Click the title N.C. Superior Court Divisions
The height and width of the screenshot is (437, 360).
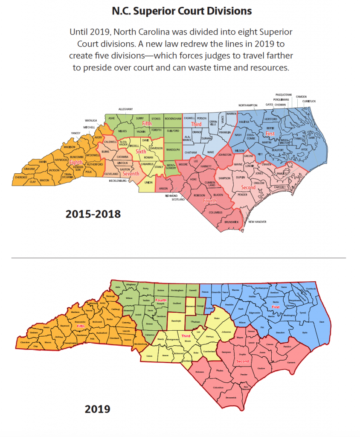pos(182,11)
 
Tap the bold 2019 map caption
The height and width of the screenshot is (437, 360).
pos(97,409)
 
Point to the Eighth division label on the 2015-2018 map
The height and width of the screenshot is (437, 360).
pos(76,162)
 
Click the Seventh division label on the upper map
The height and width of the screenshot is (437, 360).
pos(131,174)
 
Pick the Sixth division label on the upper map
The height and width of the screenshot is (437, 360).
pos(140,151)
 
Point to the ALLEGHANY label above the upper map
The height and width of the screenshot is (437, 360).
pos(125,109)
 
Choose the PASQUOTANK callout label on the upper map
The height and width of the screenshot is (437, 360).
pos(284,94)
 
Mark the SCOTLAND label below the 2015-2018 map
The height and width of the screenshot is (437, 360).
pos(179,199)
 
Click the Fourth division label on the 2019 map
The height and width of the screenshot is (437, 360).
pos(161,300)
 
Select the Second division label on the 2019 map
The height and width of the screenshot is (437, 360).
pos(243,361)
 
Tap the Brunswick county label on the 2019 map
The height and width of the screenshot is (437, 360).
pos(231,397)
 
